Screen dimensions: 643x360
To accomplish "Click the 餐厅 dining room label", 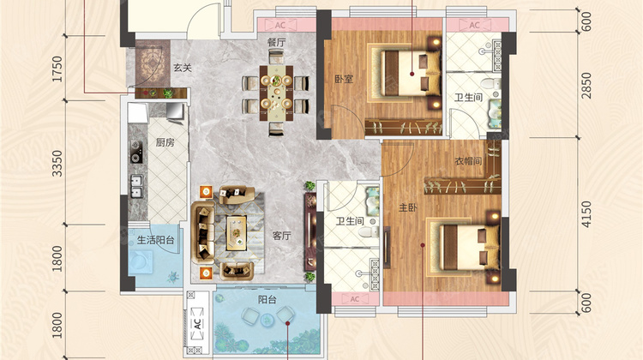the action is [276, 42].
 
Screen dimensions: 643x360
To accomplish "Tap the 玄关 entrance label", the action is [183, 68].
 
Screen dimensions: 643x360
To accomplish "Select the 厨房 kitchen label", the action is [165, 142].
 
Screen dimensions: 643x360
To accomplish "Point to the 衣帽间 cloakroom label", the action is [468, 161].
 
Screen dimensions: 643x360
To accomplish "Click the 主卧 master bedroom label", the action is [408, 207].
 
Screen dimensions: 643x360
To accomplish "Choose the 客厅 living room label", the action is [282, 236].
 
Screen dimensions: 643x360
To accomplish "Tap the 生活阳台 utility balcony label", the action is [156, 240].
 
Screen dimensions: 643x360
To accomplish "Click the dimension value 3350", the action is [57, 164].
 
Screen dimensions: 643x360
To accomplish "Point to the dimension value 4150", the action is [586, 214].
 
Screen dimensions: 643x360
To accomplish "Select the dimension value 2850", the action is [586, 85].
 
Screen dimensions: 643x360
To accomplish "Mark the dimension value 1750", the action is [57, 69].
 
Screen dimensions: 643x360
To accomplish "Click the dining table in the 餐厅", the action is [276, 93].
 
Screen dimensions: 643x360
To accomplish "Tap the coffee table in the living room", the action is [237, 233].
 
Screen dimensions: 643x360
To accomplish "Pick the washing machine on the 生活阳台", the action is [141, 263].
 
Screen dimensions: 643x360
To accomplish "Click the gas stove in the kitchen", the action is [136, 152].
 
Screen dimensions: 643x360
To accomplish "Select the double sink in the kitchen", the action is [136, 186].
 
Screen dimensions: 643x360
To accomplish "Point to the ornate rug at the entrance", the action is [153, 64].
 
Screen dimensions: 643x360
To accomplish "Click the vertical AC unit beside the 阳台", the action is [197, 323].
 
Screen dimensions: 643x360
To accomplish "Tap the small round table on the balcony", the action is [267, 319].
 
